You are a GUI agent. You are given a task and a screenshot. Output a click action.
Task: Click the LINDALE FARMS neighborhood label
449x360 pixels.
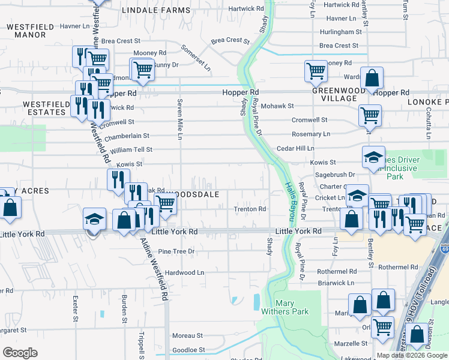tap(155, 11)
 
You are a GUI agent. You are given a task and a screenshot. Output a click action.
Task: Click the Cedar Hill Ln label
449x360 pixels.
tap(295, 148)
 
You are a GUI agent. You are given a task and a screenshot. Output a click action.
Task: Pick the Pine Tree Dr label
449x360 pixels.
tap(176, 251)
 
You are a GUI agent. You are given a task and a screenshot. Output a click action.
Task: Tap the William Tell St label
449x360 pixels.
tap(131, 149)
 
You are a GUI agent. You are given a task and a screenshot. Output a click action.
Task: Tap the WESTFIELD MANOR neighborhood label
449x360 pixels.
tap(30, 31)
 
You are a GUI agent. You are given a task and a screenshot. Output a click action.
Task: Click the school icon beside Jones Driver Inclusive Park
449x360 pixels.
tap(373, 158)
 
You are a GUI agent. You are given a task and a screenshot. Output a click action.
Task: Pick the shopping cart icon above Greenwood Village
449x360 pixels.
tap(315, 71)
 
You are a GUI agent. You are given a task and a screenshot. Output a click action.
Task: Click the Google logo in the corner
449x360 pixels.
tap(20, 353)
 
